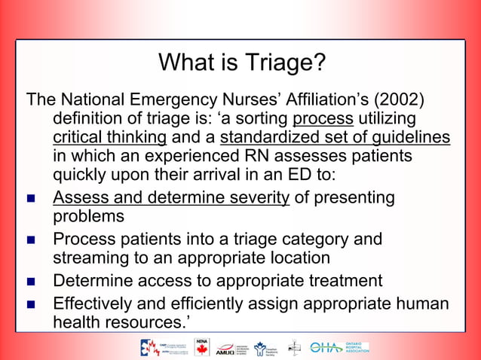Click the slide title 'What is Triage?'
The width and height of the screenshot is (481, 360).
[241, 62]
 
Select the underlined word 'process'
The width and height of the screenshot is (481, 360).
[323, 119]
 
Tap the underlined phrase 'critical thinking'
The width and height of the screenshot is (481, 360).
[110, 138]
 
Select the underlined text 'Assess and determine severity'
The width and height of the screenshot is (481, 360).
[171, 198]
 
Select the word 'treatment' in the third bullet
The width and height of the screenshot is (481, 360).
[343, 281]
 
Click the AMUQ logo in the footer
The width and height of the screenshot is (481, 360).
[225, 348]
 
